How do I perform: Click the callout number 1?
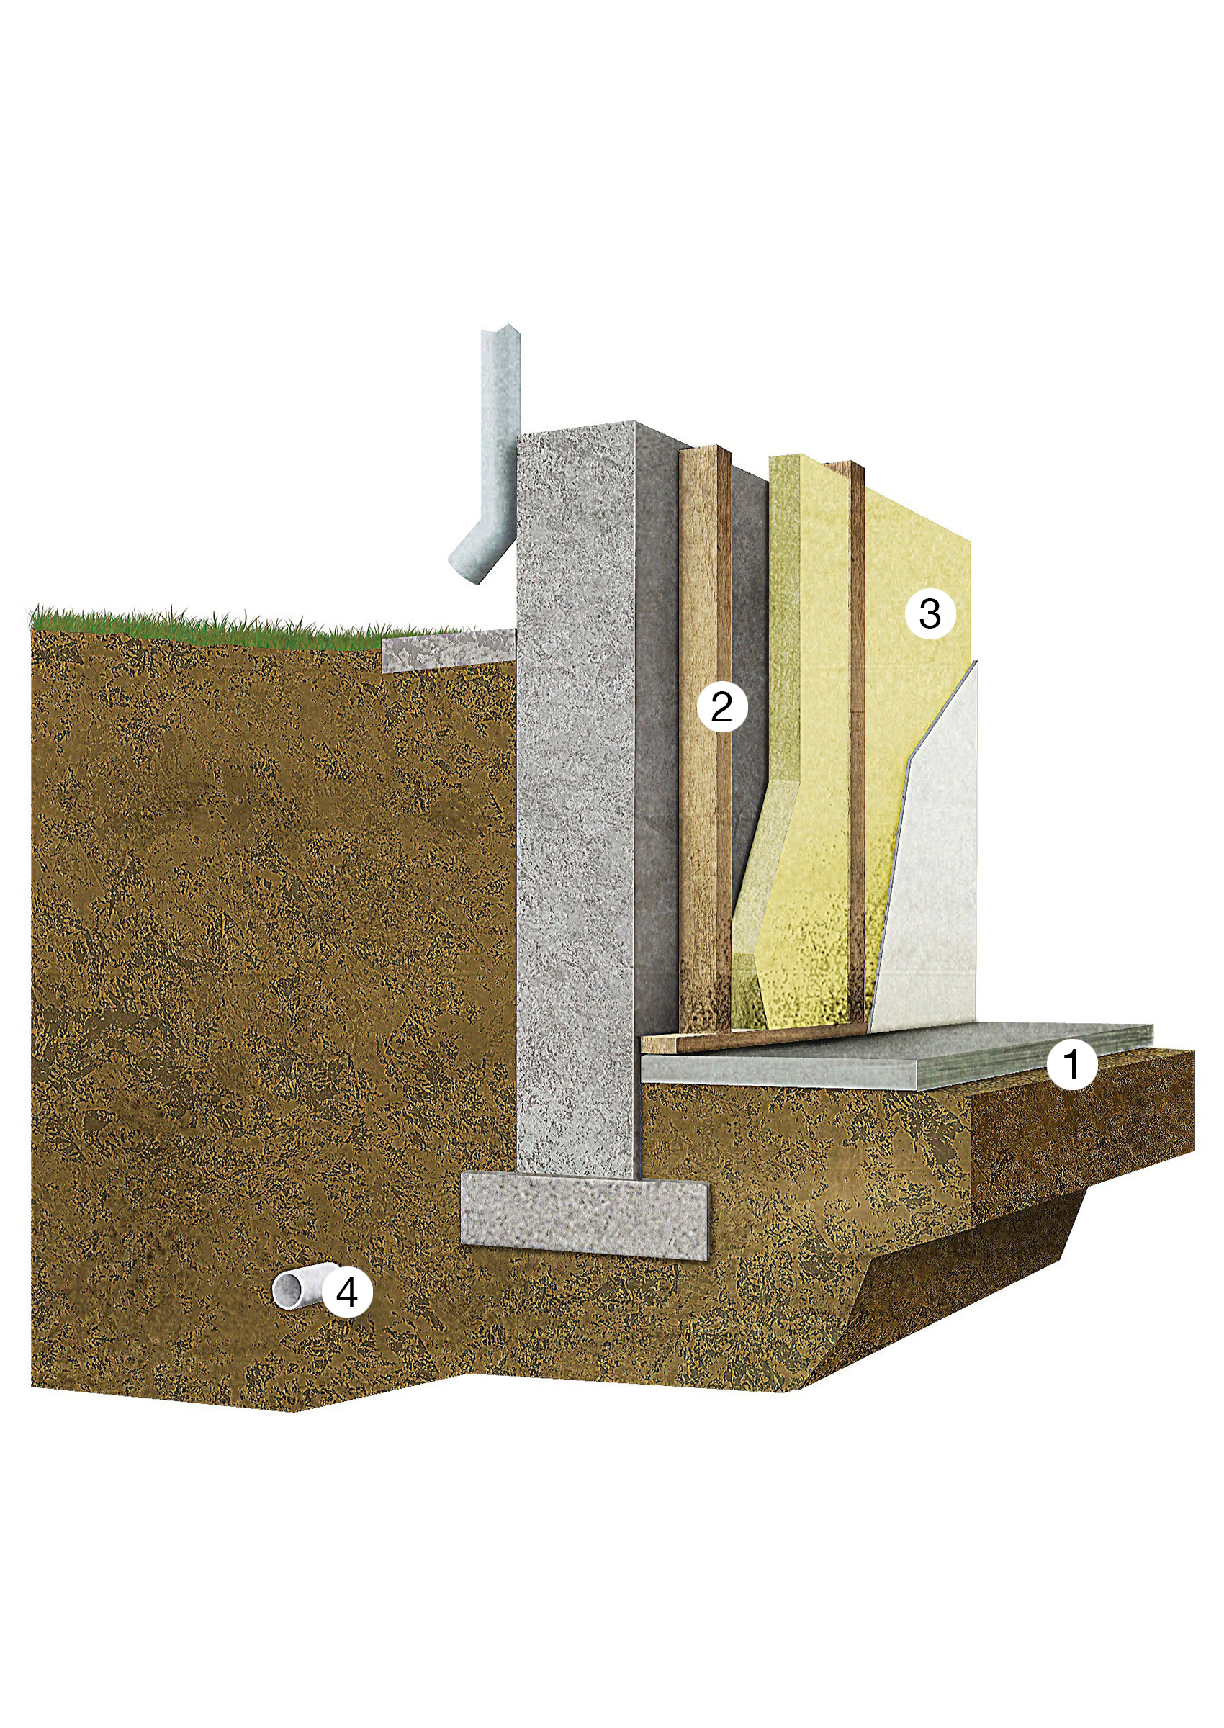(1071, 1064)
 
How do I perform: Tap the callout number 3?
(930, 613)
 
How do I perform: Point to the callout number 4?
(347, 1293)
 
